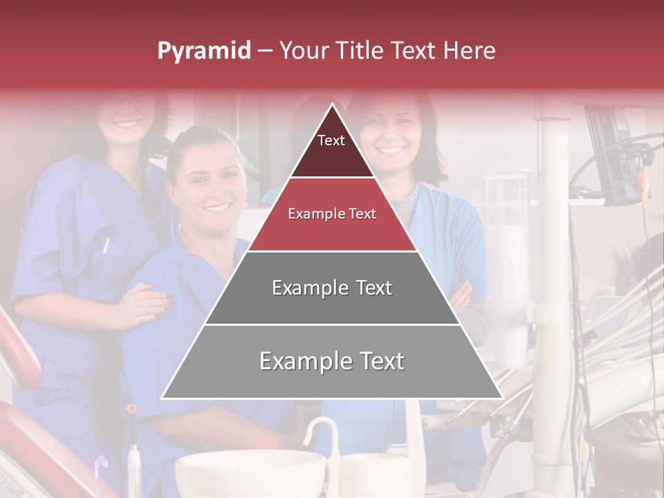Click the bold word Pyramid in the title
pyautogui.click(x=203, y=51)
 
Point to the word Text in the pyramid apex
pyautogui.click(x=331, y=140)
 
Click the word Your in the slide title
pyautogui.click(x=304, y=51)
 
